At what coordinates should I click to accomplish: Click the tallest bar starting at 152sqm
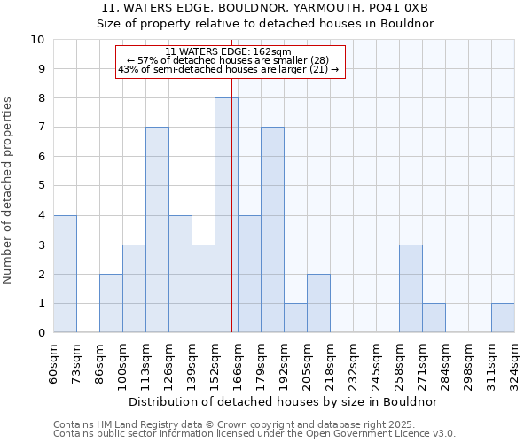[226, 215]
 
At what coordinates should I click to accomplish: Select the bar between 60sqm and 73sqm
[65, 274]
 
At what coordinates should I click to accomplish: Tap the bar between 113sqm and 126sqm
[157, 229]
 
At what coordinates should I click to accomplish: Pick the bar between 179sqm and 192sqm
[272, 229]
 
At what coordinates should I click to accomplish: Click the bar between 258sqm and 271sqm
[411, 289]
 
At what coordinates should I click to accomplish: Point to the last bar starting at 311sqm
[503, 318]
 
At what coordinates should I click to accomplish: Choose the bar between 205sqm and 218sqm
[318, 303]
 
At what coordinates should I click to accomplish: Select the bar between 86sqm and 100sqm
[111, 303]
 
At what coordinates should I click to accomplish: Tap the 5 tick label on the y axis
[41, 186]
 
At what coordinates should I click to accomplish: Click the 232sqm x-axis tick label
[353, 363]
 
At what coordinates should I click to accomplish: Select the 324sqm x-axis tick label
[514, 363]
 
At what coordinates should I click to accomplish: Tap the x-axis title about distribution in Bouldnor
[284, 401]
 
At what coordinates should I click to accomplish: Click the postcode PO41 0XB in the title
[398, 8]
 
